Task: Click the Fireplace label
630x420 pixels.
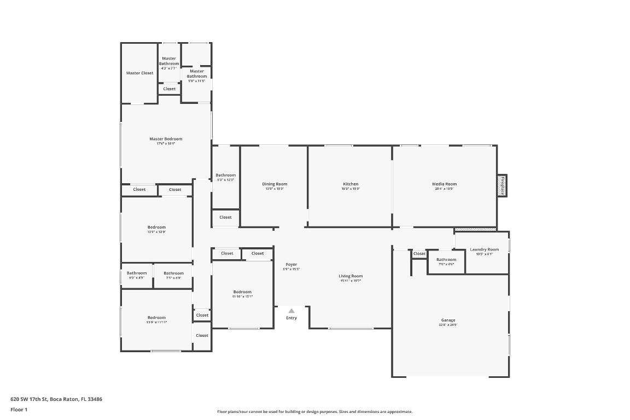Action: click(x=501, y=185)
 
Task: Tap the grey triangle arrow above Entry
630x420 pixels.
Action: click(x=291, y=311)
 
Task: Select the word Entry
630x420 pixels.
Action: click(x=291, y=318)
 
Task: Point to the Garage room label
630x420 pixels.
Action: click(x=448, y=320)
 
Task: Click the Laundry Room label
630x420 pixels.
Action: click(x=484, y=249)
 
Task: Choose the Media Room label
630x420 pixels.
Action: click(x=444, y=184)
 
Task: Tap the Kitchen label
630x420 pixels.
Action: click(x=351, y=184)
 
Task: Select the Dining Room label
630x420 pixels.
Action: click(x=275, y=184)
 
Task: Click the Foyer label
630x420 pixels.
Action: click(x=291, y=265)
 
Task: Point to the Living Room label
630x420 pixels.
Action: click(x=351, y=276)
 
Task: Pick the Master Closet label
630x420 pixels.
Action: click(x=139, y=73)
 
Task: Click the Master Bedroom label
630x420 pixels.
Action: click(x=166, y=139)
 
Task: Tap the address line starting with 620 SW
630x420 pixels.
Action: click(x=56, y=399)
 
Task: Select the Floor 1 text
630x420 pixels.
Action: click(x=19, y=410)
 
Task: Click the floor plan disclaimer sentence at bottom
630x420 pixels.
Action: click(x=315, y=412)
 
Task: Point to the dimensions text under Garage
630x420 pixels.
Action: click(x=448, y=325)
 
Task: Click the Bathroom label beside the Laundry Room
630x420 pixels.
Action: click(x=446, y=260)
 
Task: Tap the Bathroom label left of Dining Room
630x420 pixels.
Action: click(x=225, y=175)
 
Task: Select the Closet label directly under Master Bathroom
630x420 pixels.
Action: click(x=170, y=89)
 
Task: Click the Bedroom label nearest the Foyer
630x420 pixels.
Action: click(x=242, y=291)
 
